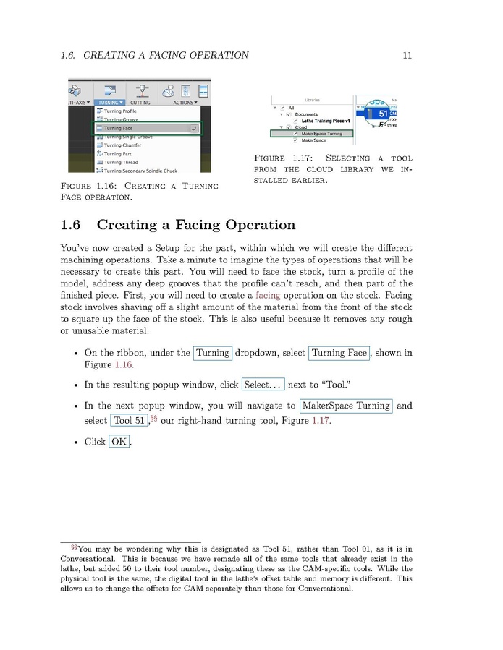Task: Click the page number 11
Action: point(407,55)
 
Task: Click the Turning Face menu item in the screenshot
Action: point(119,129)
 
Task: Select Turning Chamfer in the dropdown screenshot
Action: point(122,145)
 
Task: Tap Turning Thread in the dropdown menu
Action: point(121,163)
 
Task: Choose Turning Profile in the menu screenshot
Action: point(120,111)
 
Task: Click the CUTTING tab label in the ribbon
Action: point(140,103)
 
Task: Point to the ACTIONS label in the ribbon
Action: point(184,103)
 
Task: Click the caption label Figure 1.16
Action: point(91,187)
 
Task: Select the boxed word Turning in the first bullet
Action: point(213,353)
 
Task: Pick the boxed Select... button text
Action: point(263,385)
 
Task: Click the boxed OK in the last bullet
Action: point(119,441)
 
